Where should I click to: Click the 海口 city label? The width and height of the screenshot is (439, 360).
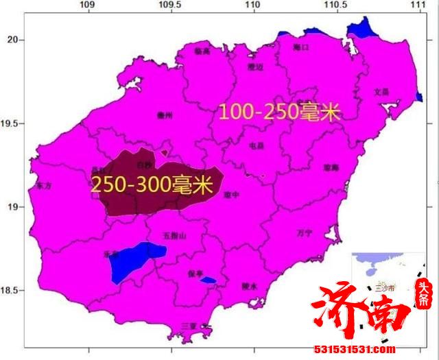click(300, 47)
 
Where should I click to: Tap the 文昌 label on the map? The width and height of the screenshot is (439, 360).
click(381, 91)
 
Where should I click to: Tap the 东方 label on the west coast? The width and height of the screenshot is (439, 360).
click(43, 185)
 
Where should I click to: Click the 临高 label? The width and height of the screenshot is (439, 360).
click(202, 51)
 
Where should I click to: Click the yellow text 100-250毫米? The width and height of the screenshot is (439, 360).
click(279, 112)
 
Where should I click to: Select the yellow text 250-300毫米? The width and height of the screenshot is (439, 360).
click(151, 184)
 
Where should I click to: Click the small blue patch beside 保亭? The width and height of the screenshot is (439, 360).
click(208, 280)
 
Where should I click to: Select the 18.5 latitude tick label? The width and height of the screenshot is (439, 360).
click(10, 291)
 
